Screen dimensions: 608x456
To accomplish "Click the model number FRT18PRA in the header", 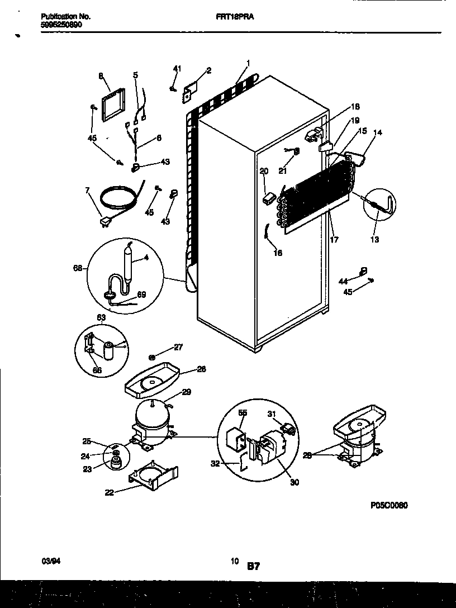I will point(235,17).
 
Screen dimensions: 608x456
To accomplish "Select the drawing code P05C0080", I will point(389,505).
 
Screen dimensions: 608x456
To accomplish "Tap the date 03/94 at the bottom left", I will point(49,560).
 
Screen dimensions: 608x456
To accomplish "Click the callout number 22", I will point(108,492).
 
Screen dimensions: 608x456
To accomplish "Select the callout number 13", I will point(374,240).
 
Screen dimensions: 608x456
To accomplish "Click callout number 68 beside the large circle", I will point(78,269).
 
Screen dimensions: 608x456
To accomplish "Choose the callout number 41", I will point(177,69).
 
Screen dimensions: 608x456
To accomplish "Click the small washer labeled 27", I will point(152,356).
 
